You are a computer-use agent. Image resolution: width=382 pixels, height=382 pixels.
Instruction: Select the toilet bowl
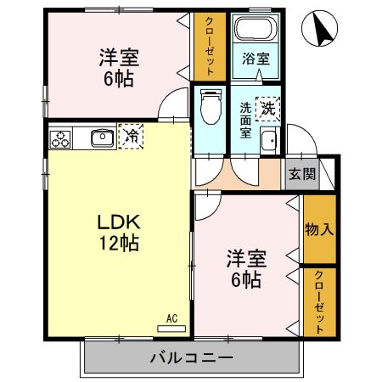[x=209, y=108]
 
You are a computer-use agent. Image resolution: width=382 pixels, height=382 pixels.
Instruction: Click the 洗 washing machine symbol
[x=267, y=109]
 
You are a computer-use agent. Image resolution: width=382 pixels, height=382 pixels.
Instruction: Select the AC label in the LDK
[x=171, y=319]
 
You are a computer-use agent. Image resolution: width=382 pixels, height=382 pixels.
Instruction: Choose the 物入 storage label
[x=318, y=229]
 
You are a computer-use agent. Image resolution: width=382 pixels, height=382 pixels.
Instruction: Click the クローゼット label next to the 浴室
[x=209, y=46]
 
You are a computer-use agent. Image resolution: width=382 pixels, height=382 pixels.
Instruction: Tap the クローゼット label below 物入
[x=318, y=301]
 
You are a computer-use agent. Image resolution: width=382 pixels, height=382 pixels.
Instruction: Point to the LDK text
[x=117, y=222]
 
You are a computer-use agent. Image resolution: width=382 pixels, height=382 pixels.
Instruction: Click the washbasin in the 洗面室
[x=269, y=142]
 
